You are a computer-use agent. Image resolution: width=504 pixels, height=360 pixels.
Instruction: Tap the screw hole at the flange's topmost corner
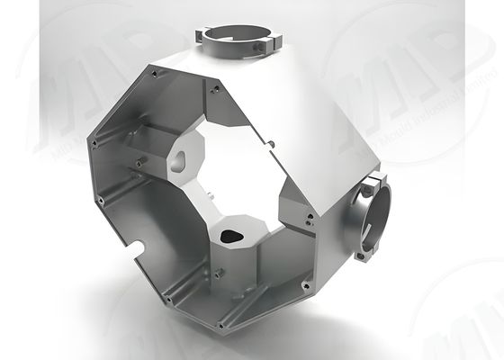tap(215, 89)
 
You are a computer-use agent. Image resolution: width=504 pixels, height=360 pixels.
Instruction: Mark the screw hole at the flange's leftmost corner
tap(92, 141)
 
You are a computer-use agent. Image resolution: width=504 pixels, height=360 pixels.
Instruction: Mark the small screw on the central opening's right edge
tap(271, 143)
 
